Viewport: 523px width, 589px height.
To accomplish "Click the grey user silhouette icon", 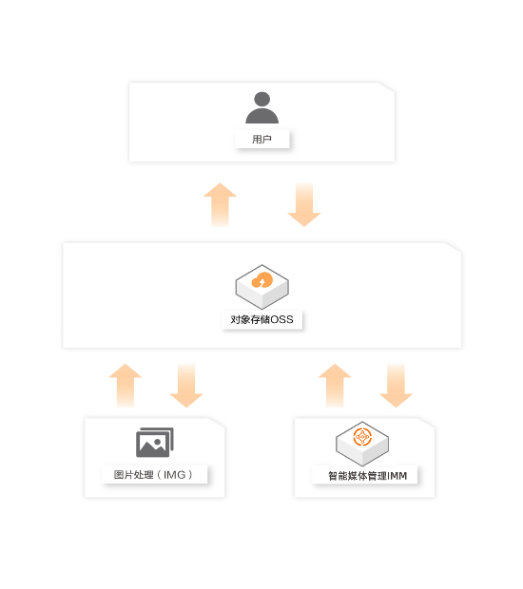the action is tap(261, 107).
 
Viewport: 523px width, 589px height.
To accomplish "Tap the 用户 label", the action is tap(261, 140).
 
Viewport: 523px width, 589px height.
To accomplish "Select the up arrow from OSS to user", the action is tap(220, 204).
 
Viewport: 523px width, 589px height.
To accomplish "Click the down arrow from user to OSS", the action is tap(303, 204).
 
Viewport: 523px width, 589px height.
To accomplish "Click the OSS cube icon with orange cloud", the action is tap(262, 287).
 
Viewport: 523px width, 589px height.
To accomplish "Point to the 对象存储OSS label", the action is tap(261, 319).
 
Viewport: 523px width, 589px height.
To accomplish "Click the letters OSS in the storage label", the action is tap(282, 319).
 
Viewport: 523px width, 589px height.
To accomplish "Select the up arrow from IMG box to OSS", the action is tap(126, 386).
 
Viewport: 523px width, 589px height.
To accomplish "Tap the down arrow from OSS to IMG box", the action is tap(186, 386).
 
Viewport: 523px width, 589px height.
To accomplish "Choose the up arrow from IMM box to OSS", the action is tap(335, 386).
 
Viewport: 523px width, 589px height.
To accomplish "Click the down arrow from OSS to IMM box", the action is tap(396, 386).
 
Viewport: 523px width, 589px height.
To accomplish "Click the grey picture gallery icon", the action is tap(155, 442).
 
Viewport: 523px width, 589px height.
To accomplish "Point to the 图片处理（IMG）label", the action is tap(153, 475).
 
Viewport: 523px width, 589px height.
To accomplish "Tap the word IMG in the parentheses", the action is tap(174, 475).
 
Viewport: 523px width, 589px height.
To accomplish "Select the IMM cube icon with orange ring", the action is tap(362, 444).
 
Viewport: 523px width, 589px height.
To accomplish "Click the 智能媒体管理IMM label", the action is tap(367, 476).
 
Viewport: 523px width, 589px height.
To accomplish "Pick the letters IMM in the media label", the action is tap(397, 476).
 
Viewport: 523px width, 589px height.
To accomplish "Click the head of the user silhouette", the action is tap(261, 99).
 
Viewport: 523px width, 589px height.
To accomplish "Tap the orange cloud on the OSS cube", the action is tap(262, 280).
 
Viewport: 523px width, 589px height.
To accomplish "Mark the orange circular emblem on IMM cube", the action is tap(362, 437).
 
